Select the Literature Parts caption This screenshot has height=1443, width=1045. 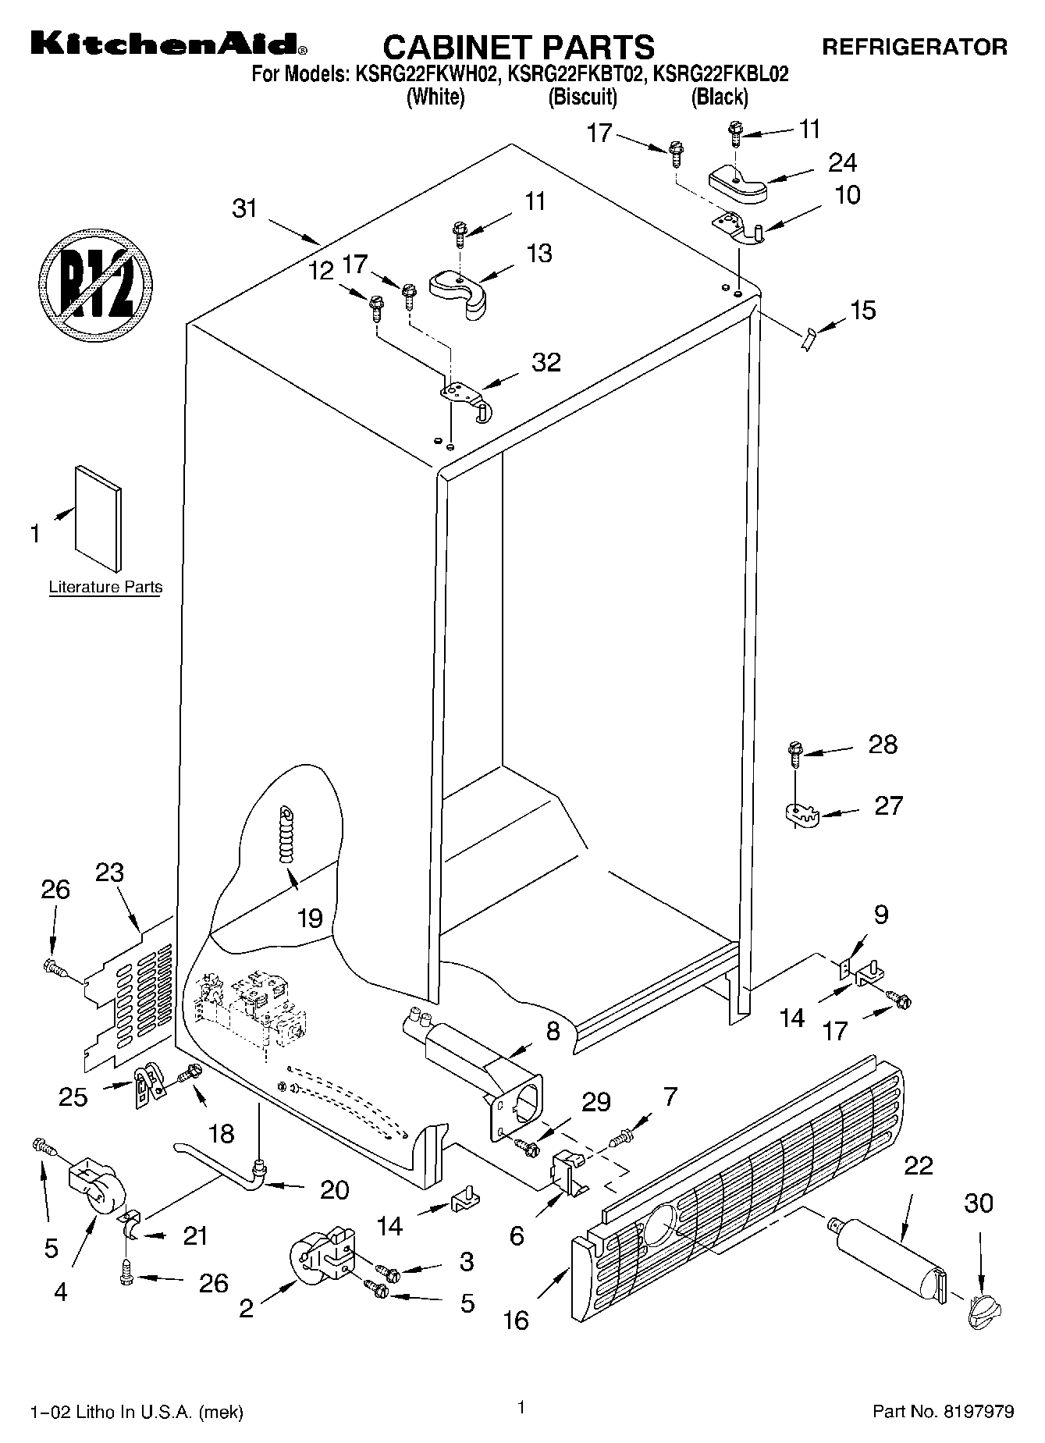tap(105, 588)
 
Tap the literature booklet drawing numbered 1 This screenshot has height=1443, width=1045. tap(98, 519)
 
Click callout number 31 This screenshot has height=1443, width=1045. tap(244, 209)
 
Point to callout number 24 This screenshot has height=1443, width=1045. tap(843, 162)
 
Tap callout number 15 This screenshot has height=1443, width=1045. tap(862, 310)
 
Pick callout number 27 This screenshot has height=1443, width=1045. tap(888, 805)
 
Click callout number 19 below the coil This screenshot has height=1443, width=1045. tap(310, 918)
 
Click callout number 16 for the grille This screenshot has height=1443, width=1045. tap(516, 1320)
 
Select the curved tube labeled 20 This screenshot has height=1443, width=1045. tap(219, 1162)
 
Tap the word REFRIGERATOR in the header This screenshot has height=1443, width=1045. tap(915, 48)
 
